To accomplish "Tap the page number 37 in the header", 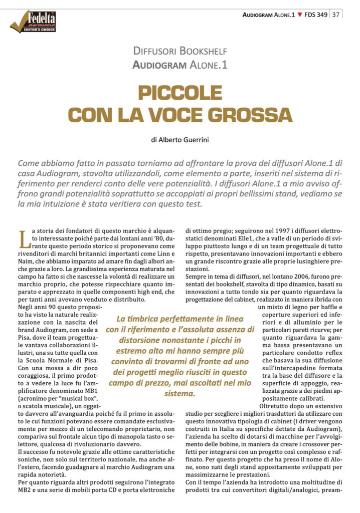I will pos(336,15).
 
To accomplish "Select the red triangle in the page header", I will pos(299,15).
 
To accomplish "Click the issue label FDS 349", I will pos(316,15).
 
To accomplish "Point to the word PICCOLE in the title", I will pos(179,94).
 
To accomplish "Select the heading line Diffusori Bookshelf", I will pos(180,51).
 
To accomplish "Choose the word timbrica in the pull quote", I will pos(144,319).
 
